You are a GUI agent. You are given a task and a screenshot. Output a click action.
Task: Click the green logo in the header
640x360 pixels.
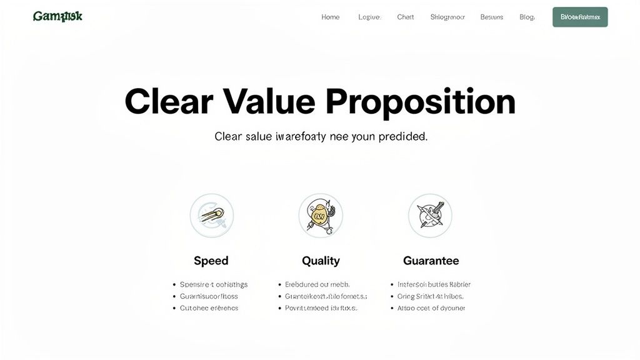(57, 16)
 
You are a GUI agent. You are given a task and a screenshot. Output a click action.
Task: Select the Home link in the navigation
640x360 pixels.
(331, 17)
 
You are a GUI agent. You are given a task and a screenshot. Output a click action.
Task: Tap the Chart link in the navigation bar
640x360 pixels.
(405, 17)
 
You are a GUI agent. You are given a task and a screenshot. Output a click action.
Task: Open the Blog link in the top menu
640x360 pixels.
(527, 17)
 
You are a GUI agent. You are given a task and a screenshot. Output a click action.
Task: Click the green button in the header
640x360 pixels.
(580, 17)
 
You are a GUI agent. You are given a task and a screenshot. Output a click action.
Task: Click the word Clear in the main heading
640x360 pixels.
(169, 101)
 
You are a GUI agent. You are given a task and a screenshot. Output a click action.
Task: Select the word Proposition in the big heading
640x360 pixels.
(421, 101)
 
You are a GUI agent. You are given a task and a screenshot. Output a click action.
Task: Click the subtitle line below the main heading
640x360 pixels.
(321, 136)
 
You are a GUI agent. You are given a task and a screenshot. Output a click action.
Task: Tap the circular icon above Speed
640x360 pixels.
(212, 216)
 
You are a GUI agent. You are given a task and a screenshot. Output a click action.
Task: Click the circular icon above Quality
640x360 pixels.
(321, 216)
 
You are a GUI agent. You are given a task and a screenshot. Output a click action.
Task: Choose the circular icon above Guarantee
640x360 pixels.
(430, 216)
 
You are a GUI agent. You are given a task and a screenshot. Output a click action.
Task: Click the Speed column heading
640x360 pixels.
(211, 261)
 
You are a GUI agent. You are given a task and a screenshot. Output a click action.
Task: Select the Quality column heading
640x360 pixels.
(321, 261)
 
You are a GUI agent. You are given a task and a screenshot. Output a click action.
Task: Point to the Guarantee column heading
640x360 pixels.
(431, 261)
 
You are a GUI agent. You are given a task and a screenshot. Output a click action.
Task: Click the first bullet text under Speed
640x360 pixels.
(214, 284)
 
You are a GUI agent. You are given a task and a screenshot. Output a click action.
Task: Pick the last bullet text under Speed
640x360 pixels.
(209, 308)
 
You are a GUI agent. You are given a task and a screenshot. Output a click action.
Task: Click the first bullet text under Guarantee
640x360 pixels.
(434, 284)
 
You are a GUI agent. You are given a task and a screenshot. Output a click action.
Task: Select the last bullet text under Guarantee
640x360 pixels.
(431, 308)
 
